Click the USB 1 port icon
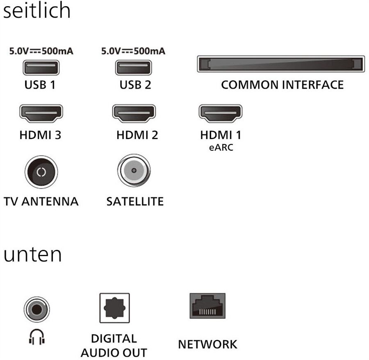(x=41, y=67)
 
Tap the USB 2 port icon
(x=134, y=67)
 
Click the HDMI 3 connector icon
(x=41, y=114)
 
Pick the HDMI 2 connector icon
(x=134, y=114)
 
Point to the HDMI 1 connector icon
(x=220, y=114)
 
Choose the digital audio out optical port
(x=114, y=308)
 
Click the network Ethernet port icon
(x=207, y=306)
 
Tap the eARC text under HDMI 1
(x=220, y=147)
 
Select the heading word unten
(x=33, y=255)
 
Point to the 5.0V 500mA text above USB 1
(x=41, y=51)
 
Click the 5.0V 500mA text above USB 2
(x=133, y=51)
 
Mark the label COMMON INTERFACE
(x=282, y=85)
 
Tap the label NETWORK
(x=207, y=344)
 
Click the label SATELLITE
(x=135, y=202)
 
